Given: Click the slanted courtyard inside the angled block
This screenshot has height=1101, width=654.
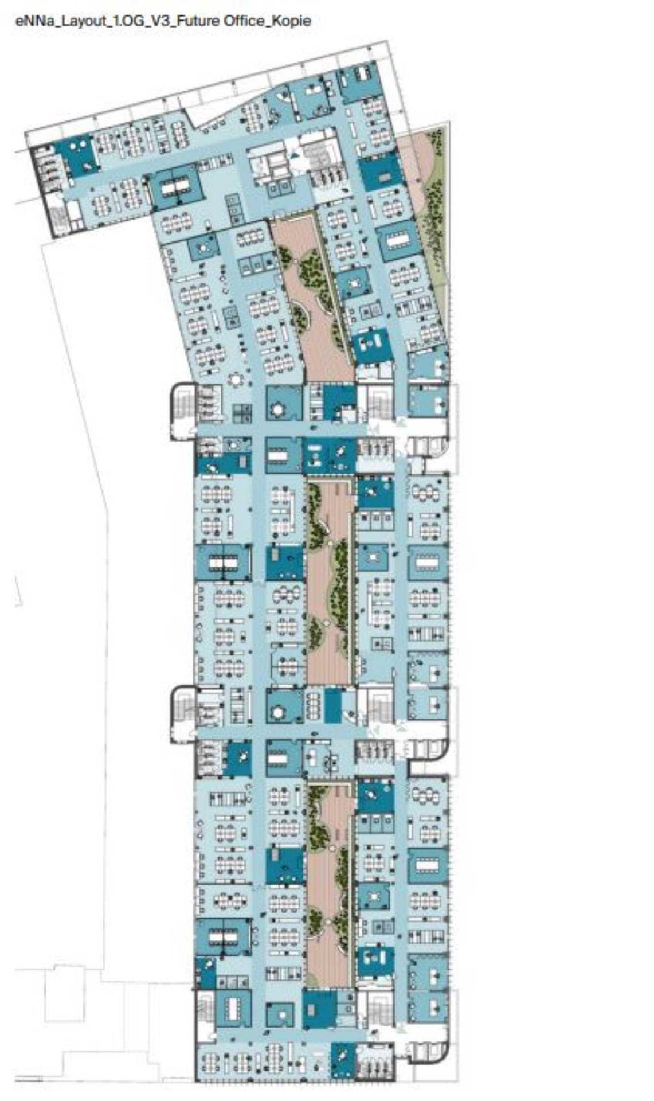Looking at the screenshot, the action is coord(312,298).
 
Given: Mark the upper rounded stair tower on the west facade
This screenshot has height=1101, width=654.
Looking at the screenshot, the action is coord(183,411).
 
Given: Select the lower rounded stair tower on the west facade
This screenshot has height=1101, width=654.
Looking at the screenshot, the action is coord(183,714).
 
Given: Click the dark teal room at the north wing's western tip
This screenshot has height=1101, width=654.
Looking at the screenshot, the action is coord(80,155).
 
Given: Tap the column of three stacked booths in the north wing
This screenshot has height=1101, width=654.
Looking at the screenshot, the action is coord(234,209).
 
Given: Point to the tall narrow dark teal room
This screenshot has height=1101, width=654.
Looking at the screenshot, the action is coord(332,706).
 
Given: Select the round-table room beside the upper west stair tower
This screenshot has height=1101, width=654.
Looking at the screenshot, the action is coord(284,403).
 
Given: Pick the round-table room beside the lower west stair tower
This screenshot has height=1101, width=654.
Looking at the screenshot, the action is coord(284,706).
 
